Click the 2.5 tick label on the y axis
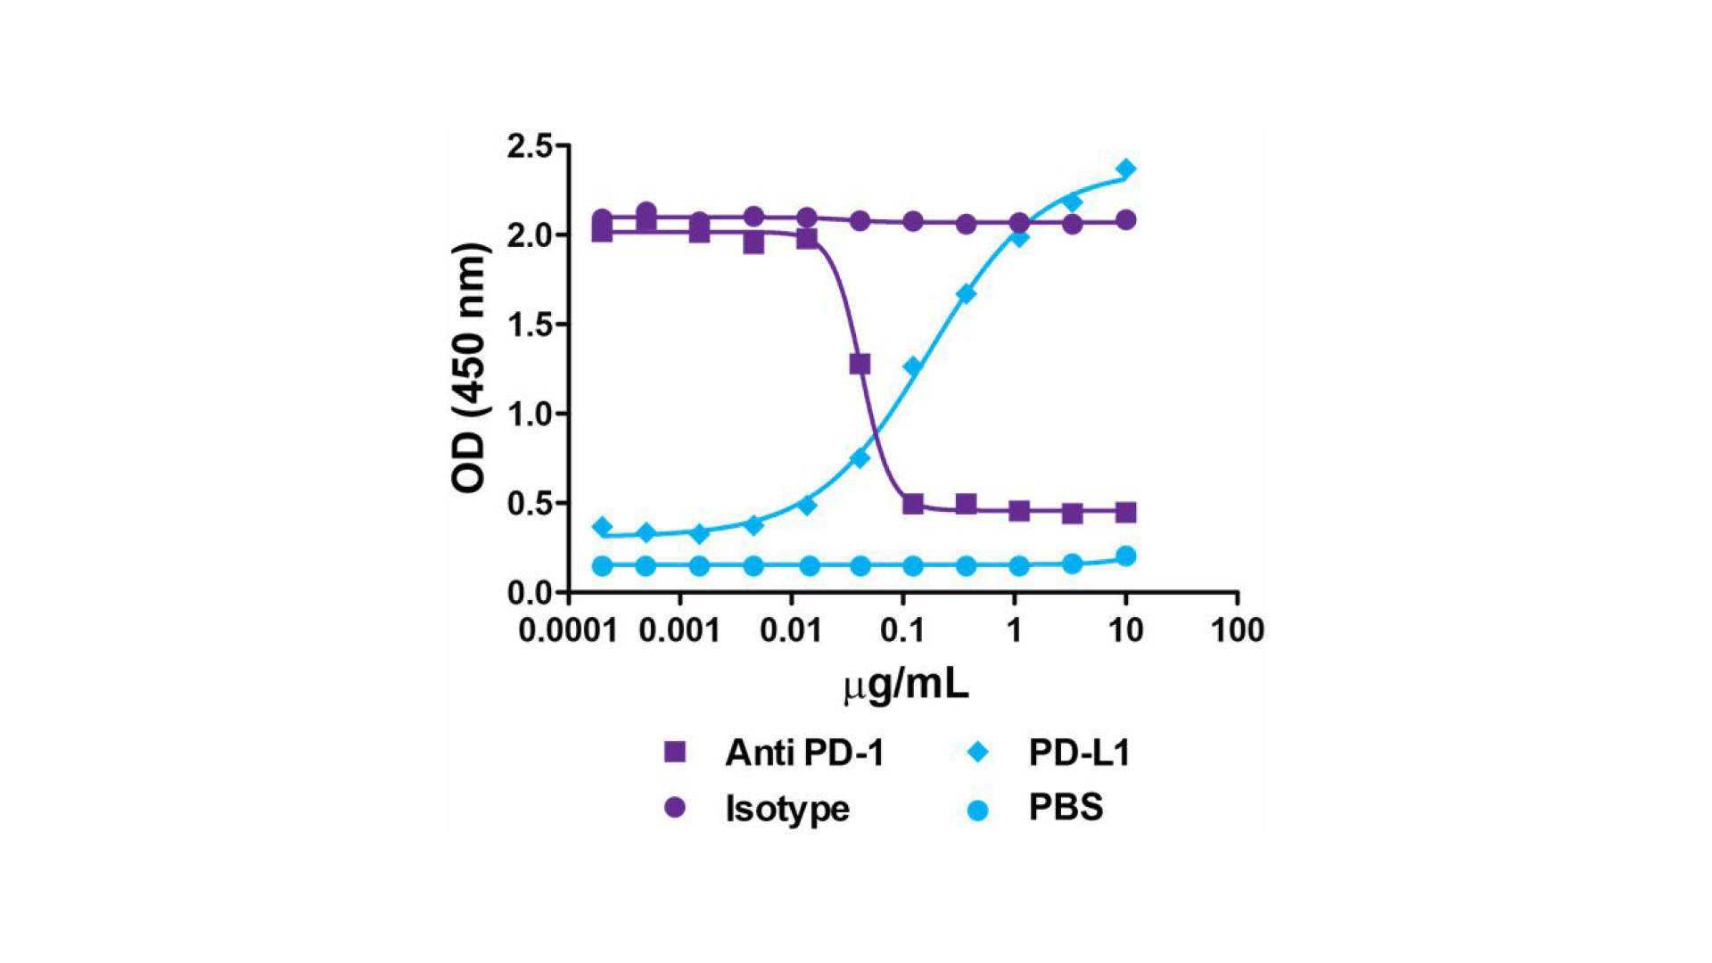529,146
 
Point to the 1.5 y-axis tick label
529,325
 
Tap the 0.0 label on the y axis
529,593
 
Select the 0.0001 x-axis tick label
568,631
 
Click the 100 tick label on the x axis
1237,631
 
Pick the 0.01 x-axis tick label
791,631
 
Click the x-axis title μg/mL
905,685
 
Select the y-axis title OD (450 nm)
469,367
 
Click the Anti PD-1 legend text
804,753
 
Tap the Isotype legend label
787,809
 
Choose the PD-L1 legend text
1079,753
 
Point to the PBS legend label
1066,808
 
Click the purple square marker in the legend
675,752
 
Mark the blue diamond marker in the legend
978,753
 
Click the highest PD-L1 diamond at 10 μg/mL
1126,169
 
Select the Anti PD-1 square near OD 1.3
860,364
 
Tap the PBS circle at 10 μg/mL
1126,556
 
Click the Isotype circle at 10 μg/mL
1126,220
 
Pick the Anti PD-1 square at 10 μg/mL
1126,513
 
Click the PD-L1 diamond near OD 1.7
966,293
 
